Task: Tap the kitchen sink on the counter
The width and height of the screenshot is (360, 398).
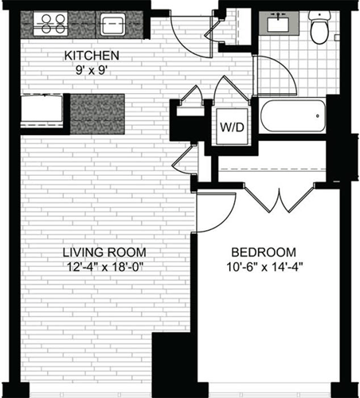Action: [109, 21]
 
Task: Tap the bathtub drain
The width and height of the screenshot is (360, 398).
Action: [319, 118]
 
